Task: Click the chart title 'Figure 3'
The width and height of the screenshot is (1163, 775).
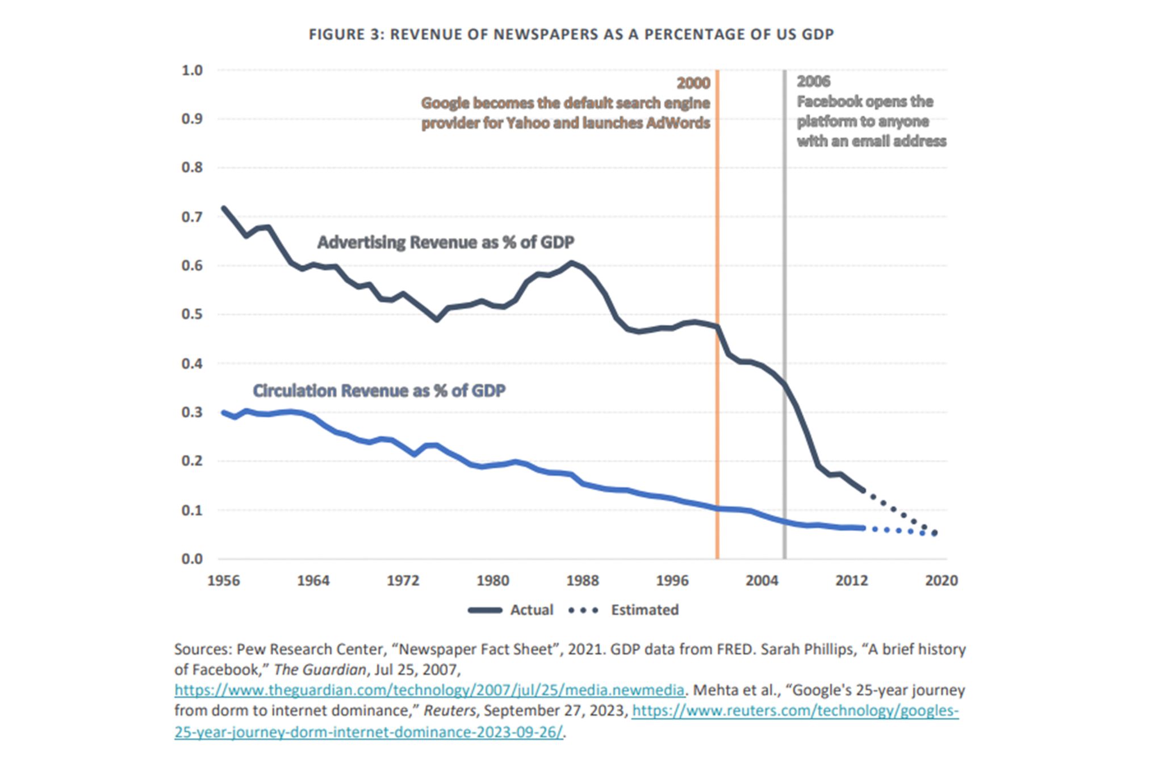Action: (571, 35)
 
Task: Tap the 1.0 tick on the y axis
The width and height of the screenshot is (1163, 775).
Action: (192, 70)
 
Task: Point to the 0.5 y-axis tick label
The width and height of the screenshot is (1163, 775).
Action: (192, 314)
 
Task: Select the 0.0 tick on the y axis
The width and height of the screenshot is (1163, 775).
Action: (192, 559)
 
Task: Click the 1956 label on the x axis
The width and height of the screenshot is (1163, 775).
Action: (224, 580)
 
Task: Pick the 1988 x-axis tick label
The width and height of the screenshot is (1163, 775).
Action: (583, 580)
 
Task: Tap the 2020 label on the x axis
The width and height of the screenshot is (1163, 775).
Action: (942, 580)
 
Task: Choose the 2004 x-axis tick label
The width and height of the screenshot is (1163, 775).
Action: (762, 580)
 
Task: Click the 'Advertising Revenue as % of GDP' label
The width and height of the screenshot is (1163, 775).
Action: (446, 242)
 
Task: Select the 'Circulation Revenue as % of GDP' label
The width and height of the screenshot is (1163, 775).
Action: (379, 391)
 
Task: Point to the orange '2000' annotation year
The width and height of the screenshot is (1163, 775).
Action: (693, 83)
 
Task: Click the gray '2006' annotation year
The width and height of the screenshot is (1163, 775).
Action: (813, 82)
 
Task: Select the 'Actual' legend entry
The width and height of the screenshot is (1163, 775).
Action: (531, 610)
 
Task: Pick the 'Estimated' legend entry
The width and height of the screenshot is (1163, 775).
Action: (645, 610)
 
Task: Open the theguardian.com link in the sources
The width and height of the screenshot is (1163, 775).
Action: (429, 690)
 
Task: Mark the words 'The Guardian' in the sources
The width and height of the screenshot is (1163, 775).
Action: (320, 670)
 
